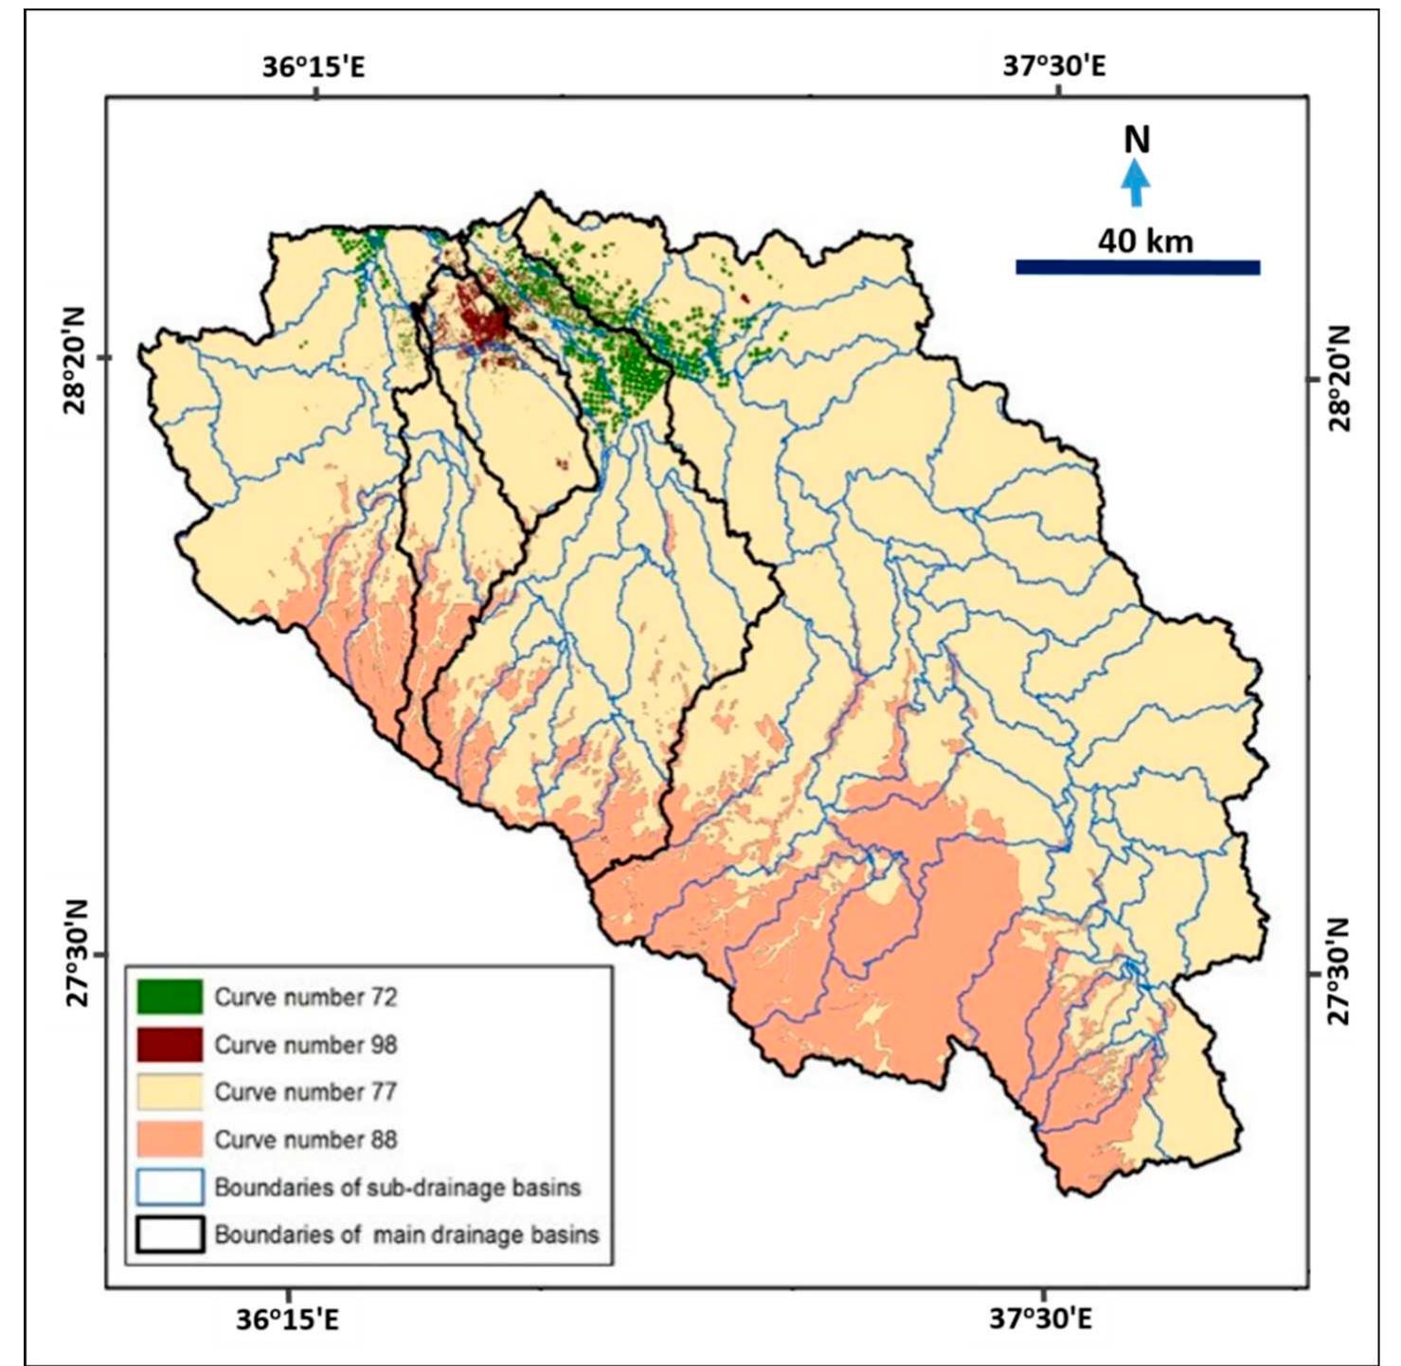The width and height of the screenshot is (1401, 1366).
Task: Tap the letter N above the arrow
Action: click(x=1136, y=140)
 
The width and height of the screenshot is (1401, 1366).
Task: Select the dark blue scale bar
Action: click(x=1137, y=267)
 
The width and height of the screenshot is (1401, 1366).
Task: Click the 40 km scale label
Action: click(x=1145, y=241)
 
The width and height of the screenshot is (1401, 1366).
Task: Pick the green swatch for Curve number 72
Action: click(x=170, y=997)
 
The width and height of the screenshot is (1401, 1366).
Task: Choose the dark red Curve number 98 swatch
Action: click(x=170, y=1044)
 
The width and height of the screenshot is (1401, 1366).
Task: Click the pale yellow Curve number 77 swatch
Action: click(x=170, y=1091)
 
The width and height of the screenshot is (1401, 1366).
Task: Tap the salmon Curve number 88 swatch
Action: click(x=170, y=1139)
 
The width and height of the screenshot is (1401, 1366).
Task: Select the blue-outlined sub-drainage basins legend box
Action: click(x=170, y=1186)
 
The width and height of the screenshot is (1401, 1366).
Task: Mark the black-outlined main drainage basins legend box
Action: click(x=170, y=1234)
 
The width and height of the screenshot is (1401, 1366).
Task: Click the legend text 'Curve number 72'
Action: click(x=305, y=997)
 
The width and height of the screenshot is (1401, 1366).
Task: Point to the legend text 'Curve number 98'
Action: click(x=305, y=1044)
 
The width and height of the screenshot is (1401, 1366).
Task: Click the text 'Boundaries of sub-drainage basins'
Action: click(x=397, y=1187)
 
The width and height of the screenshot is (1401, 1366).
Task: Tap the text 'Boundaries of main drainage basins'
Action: click(x=406, y=1234)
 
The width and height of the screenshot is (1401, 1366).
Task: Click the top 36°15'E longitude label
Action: click(x=314, y=67)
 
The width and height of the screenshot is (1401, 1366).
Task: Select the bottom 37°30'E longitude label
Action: click(x=1041, y=1318)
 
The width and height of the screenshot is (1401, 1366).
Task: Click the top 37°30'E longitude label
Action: click(x=1054, y=67)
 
